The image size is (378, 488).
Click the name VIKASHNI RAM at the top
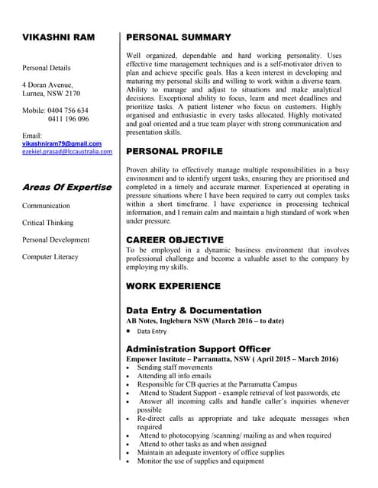click(x=58, y=37)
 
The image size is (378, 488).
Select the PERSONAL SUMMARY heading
click(x=178, y=37)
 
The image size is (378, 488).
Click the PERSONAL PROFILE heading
click(x=174, y=151)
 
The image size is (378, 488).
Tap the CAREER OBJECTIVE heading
click(x=174, y=239)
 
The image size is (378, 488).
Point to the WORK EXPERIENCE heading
click(x=173, y=286)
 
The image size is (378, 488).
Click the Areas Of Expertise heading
click(x=66, y=187)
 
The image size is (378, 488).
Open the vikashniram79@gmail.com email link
click(x=61, y=143)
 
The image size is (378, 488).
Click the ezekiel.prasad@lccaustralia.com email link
click(x=67, y=152)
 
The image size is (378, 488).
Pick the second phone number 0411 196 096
click(x=68, y=119)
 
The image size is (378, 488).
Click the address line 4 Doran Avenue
click(x=47, y=85)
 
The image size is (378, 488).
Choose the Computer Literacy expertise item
click(x=50, y=257)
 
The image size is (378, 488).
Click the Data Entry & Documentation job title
click(x=193, y=311)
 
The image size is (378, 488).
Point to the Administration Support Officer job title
click(x=198, y=348)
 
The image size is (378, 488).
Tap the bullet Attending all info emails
click(x=174, y=376)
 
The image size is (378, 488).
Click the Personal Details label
click(x=47, y=68)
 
